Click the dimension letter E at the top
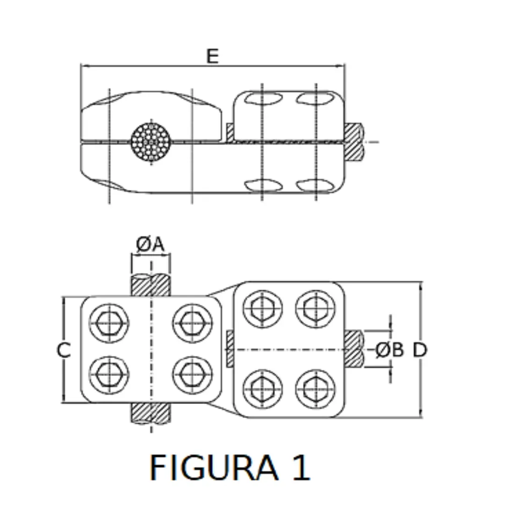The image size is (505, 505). [x=212, y=56]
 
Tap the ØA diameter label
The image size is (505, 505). [x=151, y=245]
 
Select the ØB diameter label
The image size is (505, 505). [x=390, y=350]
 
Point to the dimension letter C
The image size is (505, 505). [x=64, y=350]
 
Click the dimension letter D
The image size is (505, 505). [x=420, y=350]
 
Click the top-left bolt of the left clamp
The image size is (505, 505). [x=109, y=323]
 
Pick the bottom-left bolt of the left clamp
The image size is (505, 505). [x=109, y=375]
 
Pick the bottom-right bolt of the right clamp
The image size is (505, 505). [x=316, y=389]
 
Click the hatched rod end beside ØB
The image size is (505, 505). [x=353, y=349]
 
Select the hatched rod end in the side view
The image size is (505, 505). [x=353, y=142]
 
